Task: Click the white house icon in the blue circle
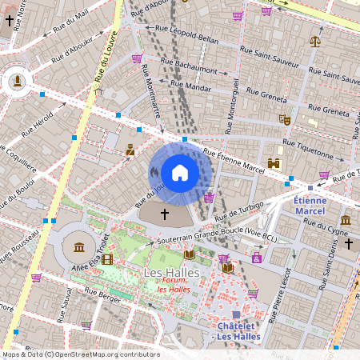click(179, 172)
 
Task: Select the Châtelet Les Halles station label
click(237, 331)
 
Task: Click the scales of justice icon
click(315, 39)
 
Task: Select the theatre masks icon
click(283, 119)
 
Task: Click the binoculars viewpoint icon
click(274, 163)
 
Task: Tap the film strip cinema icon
click(107, 259)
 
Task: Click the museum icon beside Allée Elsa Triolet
click(78, 247)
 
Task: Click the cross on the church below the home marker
click(166, 214)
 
